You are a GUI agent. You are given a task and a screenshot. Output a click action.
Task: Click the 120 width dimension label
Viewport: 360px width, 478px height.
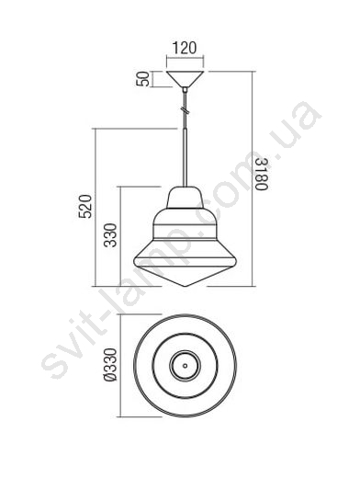(x=185, y=48)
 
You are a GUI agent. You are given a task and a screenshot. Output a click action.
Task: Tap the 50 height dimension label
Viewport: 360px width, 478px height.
(x=143, y=79)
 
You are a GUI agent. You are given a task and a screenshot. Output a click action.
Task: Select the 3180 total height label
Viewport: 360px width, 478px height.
(x=262, y=174)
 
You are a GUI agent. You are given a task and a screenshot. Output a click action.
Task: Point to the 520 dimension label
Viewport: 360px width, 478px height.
(x=85, y=206)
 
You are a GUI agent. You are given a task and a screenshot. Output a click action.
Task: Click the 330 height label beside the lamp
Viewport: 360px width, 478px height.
(x=110, y=235)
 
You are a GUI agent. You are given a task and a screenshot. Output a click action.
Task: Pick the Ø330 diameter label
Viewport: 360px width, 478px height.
(x=110, y=365)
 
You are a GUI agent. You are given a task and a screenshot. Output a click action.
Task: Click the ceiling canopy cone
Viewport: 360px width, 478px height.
(x=185, y=79)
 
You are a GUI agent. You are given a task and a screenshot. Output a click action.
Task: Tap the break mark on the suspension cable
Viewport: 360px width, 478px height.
(x=185, y=109)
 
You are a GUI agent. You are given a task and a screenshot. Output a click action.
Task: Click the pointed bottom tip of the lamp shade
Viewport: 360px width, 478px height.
(x=185, y=287)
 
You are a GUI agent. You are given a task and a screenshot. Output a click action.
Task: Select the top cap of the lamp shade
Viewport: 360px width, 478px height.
(x=185, y=198)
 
